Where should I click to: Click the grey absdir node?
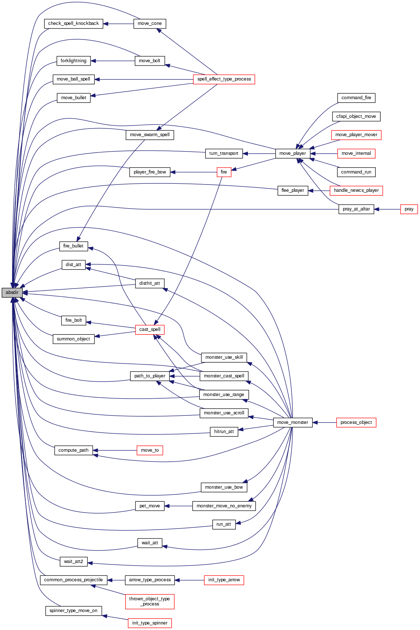(12, 292)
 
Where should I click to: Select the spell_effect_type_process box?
(224, 79)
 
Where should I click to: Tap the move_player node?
(293, 153)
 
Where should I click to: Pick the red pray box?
(409, 209)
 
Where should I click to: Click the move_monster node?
(293, 422)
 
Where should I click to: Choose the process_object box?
(356, 422)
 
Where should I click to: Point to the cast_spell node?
(150, 329)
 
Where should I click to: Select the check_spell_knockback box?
(74, 23)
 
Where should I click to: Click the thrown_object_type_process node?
(149, 601)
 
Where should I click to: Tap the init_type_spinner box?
(150, 623)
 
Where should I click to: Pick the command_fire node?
(356, 98)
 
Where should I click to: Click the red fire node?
(224, 172)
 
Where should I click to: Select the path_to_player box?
(150, 376)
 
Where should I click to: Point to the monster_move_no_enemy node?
(224, 506)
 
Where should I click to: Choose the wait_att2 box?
(74, 562)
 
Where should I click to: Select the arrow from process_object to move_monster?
(324, 422)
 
